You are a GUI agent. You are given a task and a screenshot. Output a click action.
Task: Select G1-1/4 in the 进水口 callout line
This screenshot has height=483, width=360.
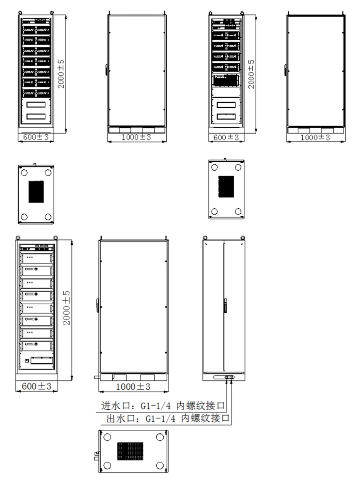click(156, 406)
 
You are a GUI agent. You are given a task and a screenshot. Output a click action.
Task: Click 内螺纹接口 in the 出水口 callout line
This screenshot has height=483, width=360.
click(206, 418)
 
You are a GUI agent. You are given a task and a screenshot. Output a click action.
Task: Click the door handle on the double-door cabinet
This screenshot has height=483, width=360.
click(226, 305)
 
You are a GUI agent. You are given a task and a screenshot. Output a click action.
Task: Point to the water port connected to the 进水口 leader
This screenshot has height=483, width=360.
click(227, 377)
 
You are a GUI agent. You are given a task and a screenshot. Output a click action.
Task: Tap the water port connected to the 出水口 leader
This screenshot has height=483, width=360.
click(231, 377)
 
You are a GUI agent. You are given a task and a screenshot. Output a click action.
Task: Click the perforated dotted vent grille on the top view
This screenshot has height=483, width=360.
click(130, 451)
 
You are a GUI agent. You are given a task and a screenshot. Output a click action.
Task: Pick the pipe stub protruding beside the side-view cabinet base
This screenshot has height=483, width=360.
click(97, 377)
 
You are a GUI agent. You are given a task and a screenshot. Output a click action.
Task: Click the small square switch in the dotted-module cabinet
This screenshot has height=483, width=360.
click(27, 361)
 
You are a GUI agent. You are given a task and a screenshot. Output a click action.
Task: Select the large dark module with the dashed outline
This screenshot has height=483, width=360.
click(226, 80)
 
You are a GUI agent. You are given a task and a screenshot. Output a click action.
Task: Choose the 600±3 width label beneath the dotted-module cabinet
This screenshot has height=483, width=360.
click(36, 386)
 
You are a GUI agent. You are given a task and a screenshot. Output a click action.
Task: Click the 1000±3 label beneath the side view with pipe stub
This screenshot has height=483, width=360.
click(133, 386)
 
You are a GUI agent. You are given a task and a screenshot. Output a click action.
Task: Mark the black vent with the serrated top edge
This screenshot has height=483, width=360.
click(36, 192)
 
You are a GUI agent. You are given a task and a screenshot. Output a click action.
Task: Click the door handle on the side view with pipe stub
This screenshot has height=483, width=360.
click(97, 306)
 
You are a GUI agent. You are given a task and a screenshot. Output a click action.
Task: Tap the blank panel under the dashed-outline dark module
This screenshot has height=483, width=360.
click(226, 92)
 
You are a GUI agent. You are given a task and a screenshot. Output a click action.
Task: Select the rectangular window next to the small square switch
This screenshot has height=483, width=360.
click(41, 361)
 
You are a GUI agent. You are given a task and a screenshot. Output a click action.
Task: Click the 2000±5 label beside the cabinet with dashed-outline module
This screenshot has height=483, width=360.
click(251, 74)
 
